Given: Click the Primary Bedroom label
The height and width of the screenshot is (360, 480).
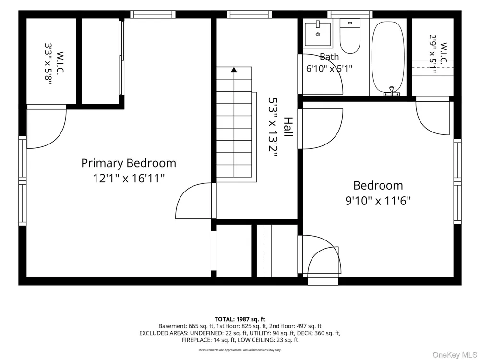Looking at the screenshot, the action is pos(129,163).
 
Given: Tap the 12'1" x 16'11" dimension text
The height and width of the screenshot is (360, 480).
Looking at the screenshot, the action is pos(129,178).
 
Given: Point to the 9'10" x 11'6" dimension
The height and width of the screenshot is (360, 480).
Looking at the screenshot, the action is pos(378,201).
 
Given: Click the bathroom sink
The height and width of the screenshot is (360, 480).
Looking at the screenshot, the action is pos(318,34).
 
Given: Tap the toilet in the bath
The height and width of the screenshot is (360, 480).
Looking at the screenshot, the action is pos(350,36).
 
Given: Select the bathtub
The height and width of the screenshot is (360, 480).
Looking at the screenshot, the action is pos(388,57).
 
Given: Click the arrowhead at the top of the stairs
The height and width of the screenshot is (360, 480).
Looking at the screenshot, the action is pos(234,70).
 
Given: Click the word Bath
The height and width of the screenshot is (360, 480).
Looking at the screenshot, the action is pos(329,57).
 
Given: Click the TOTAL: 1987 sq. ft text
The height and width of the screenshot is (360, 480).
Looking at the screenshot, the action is pos(240,320).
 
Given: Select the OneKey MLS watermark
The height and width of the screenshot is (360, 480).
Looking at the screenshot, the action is pos(455,355).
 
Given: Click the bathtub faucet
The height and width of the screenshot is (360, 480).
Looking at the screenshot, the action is pos(391,91).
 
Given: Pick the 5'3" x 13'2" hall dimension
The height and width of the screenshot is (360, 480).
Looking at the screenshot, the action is pos(273,127).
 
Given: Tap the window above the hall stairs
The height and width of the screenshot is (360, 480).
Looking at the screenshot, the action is pos(249,14).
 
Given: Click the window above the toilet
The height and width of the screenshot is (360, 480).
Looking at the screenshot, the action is pos(350,14).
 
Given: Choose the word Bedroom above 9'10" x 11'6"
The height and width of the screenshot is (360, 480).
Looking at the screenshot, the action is pos(378,185).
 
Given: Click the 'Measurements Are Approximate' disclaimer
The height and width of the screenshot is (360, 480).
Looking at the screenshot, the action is pos(240,350).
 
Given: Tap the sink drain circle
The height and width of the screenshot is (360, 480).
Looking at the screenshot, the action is pos(318,34).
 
